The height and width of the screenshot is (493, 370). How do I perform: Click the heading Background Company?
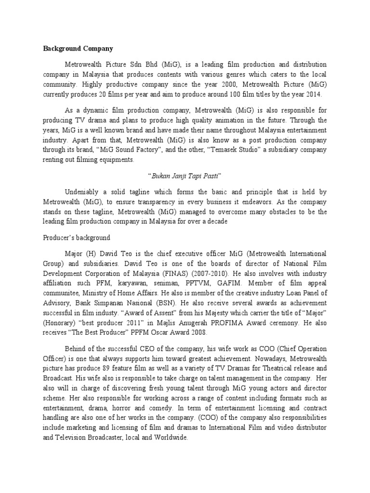[78, 49]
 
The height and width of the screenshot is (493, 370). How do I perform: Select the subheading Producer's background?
[77, 238]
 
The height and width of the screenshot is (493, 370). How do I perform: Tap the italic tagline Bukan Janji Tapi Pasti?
[185, 175]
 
